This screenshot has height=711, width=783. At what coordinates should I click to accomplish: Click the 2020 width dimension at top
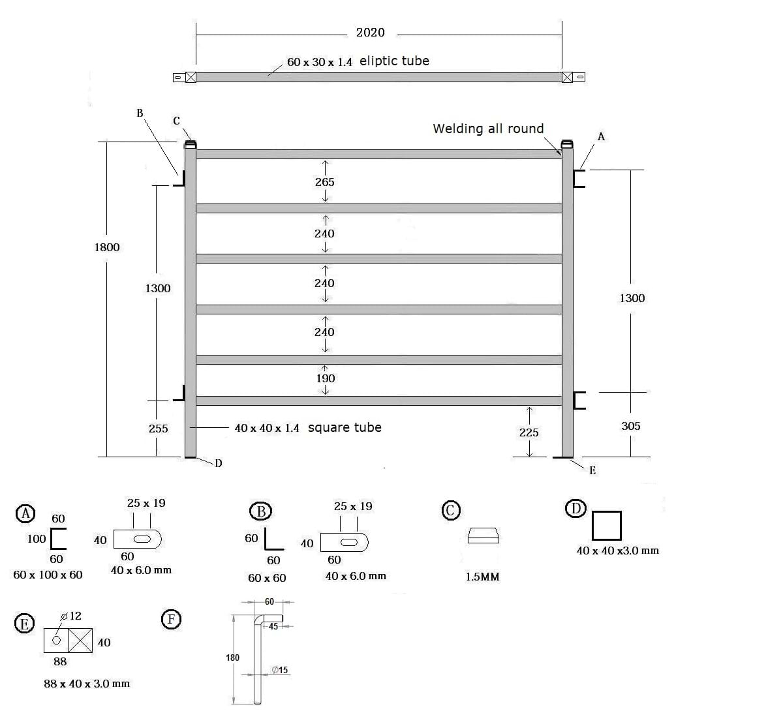(x=370, y=33)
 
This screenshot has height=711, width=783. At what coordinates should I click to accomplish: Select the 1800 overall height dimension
(x=107, y=247)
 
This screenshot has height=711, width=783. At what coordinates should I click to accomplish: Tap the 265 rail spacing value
(x=324, y=182)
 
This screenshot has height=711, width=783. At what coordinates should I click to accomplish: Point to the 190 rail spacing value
(x=325, y=378)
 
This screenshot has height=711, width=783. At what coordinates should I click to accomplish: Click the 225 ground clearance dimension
(x=529, y=432)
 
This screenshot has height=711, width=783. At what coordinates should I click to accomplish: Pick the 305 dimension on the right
(x=631, y=426)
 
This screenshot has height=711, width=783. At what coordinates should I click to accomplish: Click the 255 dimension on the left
(x=158, y=429)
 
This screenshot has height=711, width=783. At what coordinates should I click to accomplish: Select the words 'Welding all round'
(x=488, y=129)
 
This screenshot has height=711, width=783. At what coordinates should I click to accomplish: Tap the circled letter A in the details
(x=25, y=513)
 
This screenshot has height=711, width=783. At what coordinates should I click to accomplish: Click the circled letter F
(x=171, y=618)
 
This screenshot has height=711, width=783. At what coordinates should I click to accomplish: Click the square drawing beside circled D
(x=606, y=526)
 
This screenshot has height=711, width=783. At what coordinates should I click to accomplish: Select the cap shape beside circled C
(x=484, y=535)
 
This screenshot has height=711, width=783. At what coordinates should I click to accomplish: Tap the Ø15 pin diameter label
(x=279, y=670)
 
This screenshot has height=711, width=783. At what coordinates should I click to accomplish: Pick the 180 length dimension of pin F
(x=232, y=658)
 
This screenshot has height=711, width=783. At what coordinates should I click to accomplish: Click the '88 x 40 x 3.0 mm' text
(x=87, y=684)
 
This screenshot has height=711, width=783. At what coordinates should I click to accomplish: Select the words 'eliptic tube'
(x=394, y=61)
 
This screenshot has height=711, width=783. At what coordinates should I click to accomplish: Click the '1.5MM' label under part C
(x=482, y=577)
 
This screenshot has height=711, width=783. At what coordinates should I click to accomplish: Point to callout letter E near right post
(x=592, y=470)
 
